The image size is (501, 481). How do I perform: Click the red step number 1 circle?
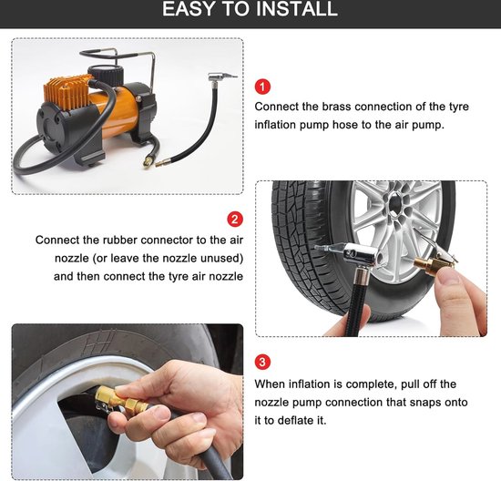(262, 87)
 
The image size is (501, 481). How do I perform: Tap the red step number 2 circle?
(235, 220)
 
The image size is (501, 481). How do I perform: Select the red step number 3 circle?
(262, 362)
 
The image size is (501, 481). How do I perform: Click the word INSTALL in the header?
(297, 8)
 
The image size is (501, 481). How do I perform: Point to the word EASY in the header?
(189, 8)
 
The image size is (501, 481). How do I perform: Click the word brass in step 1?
(335, 107)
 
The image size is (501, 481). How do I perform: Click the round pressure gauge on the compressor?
(106, 74)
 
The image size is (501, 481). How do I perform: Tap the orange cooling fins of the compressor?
(67, 92)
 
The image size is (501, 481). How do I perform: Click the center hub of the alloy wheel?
(396, 202)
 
